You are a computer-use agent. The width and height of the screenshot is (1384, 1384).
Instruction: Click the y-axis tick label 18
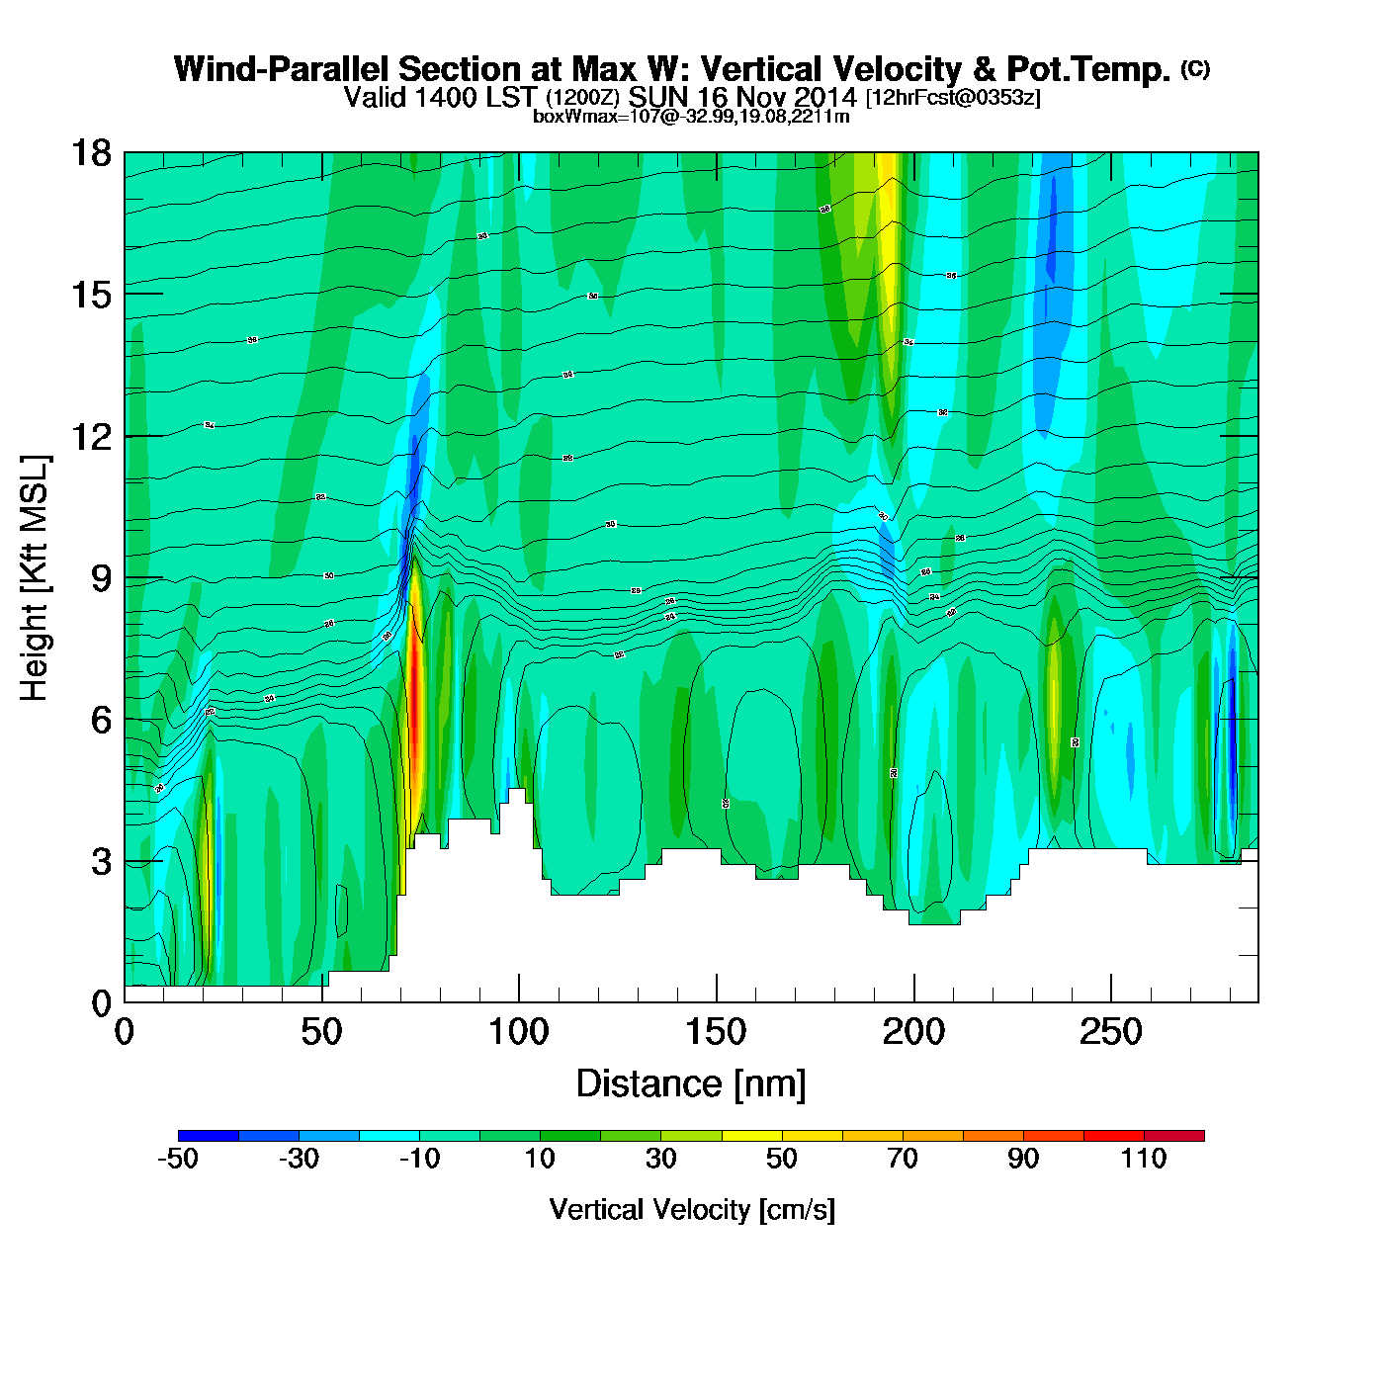pos(90,153)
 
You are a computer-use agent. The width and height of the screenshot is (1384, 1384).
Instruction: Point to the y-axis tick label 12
pos(90,436)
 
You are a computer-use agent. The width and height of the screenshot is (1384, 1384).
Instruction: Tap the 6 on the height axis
pos(101,720)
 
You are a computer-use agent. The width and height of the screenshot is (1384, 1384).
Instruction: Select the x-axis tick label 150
pos(716,1033)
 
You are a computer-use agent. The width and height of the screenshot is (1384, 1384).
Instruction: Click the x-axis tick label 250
pos(1110,1033)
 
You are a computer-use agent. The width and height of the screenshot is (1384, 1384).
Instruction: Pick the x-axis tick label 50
pos(321,1033)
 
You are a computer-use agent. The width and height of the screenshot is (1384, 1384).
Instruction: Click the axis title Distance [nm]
pos(691,1084)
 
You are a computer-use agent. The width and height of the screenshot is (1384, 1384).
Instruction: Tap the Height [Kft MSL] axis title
pos(35,578)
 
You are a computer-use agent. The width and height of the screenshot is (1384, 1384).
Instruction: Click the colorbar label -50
pos(178,1159)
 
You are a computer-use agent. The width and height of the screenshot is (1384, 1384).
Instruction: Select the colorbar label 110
pos(1144,1159)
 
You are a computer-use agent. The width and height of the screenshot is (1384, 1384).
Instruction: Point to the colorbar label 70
pos(903,1159)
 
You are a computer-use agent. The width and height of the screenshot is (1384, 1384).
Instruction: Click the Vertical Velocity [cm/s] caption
pos(692,1209)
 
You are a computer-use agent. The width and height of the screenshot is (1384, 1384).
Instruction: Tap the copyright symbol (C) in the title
pos(1194,68)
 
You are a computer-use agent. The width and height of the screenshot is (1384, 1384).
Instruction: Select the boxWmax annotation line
pos(691,116)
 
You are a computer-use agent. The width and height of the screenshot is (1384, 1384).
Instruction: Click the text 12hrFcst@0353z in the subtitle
pos(953,98)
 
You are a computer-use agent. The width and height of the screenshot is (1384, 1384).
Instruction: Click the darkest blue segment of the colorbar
pos(209,1136)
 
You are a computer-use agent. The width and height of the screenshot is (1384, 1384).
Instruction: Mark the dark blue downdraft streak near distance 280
pos(1232,732)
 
